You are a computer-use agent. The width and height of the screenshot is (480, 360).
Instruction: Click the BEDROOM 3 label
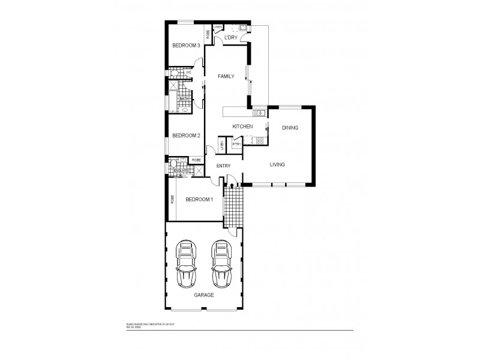coord(185,46)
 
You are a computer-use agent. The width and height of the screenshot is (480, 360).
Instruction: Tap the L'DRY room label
coord(230,38)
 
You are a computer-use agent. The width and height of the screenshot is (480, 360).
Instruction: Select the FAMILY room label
coord(226,76)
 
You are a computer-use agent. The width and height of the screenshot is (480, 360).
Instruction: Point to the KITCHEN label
coord(242,126)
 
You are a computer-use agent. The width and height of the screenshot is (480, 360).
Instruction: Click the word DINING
coord(290,128)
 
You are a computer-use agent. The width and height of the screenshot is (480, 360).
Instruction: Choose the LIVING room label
coord(277,164)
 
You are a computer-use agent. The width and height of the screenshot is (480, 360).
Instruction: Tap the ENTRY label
coord(223,166)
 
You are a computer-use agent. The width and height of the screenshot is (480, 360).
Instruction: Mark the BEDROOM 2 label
coord(185,136)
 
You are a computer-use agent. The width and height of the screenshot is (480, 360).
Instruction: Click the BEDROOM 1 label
coord(199,199)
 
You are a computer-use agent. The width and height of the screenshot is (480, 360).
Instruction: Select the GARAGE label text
coord(203,295)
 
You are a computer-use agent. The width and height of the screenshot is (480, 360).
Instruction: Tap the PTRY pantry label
coord(236,145)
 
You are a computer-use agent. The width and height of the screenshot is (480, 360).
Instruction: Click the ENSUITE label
coord(181,171)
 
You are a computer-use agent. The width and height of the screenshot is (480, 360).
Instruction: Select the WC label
coord(188,73)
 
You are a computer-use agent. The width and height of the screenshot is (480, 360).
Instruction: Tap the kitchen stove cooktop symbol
coord(260,142)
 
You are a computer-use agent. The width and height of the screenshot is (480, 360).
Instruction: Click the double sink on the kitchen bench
coord(259,113)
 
